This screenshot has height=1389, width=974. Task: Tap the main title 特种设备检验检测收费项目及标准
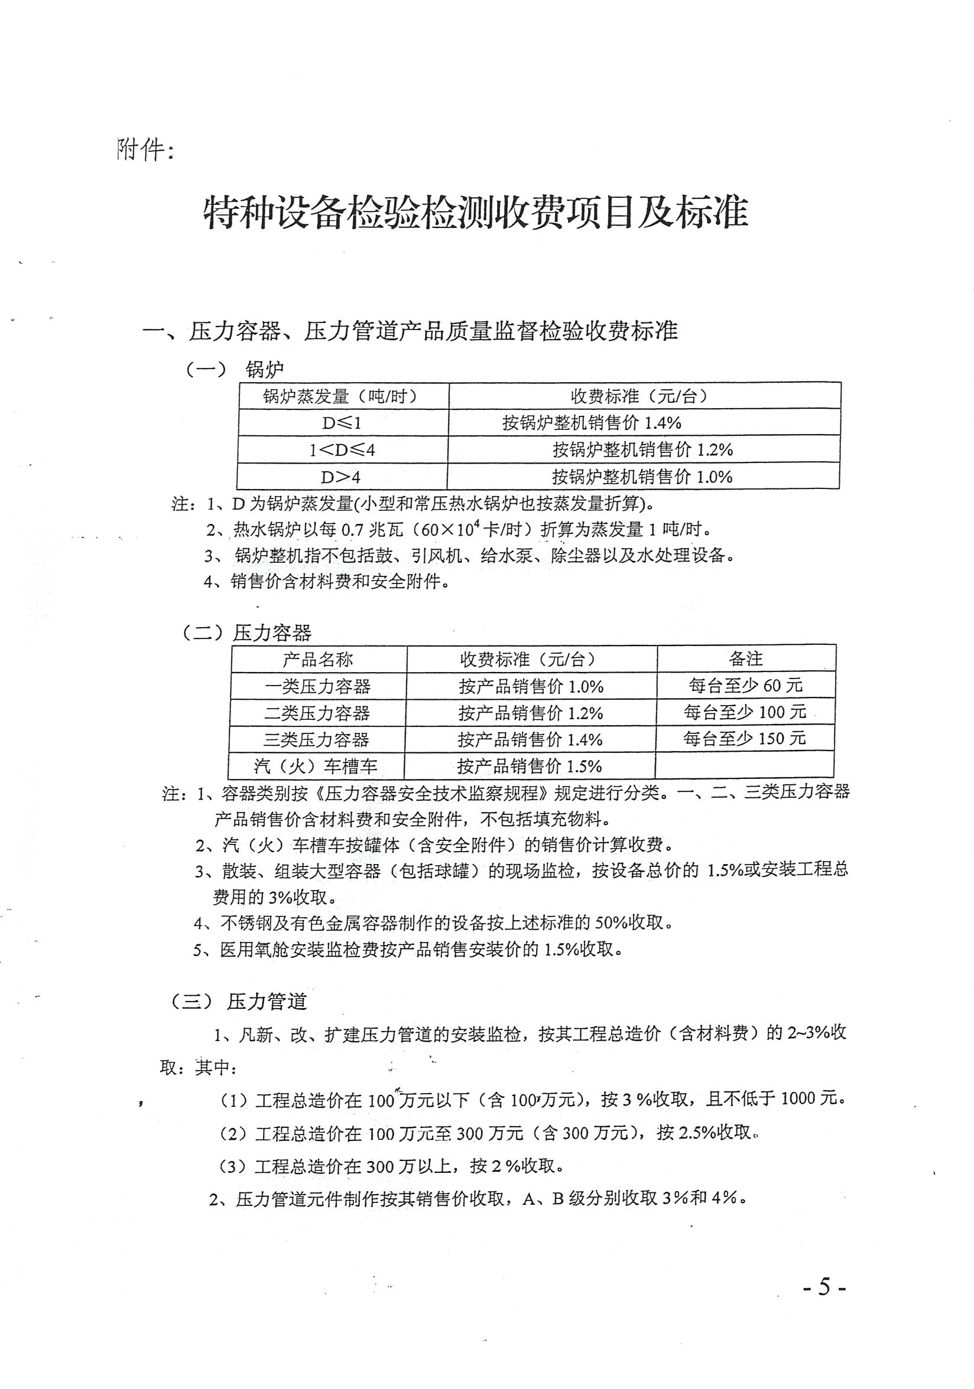coord(476,213)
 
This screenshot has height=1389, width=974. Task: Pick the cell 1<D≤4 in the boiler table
coord(342,450)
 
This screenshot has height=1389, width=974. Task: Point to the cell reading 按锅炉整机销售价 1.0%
coord(642,477)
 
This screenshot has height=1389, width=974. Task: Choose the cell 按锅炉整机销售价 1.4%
coord(592,423)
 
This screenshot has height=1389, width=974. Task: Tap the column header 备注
coord(745,658)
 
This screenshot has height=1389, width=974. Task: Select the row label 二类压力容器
coord(317,713)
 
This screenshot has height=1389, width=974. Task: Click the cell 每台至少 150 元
coord(744,739)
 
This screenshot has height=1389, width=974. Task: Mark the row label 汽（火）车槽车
coord(316,767)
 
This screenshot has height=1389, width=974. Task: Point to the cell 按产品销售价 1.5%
coord(529,767)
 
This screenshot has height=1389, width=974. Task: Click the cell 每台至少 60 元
coord(745,686)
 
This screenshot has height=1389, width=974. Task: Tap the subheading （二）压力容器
coord(247,633)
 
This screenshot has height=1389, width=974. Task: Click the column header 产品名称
coord(318,659)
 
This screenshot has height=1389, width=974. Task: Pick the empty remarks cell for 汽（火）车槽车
coord(744,765)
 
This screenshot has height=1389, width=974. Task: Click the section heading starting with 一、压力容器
coord(410,331)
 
